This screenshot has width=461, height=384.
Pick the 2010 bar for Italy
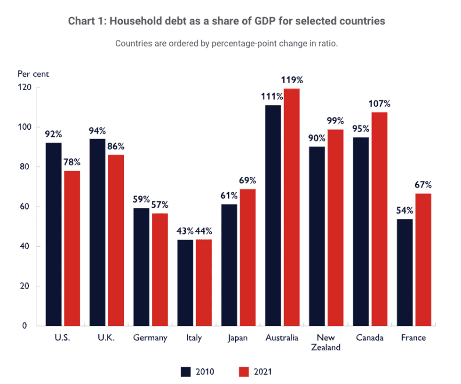click(185, 282)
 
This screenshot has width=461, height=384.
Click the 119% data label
click(292, 80)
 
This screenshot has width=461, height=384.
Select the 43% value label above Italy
click(185, 231)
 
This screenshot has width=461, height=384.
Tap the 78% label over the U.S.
click(72, 162)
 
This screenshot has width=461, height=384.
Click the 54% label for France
click(405, 210)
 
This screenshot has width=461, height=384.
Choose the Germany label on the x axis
click(150, 338)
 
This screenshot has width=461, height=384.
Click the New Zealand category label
click(326, 343)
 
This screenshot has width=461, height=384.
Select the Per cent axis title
click(33, 74)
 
